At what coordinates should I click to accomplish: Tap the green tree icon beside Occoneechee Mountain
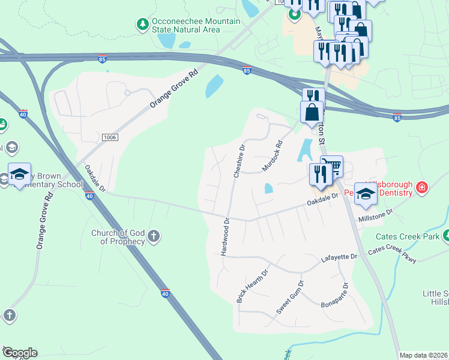[x=143, y=25]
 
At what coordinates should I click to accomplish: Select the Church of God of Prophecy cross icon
[x=154, y=236]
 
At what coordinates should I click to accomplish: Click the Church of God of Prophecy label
[x=118, y=237]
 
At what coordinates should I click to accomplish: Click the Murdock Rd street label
[x=272, y=155]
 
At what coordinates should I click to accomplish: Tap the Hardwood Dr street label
[x=226, y=236]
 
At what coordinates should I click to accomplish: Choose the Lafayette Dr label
[x=339, y=257]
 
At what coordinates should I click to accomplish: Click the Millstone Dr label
[x=375, y=215]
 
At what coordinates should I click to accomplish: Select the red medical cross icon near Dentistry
[x=422, y=188]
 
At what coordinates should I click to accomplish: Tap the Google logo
[x=20, y=353]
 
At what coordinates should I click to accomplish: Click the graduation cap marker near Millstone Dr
[x=366, y=193]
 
